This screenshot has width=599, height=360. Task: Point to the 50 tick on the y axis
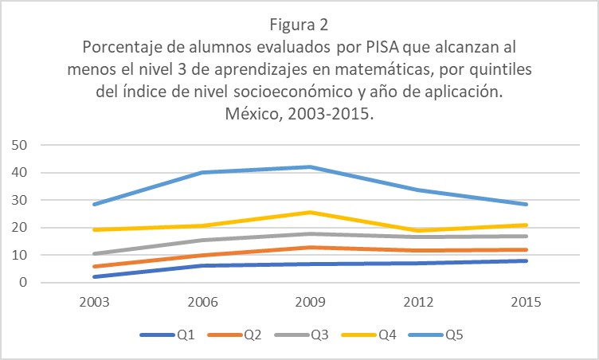[x=21, y=145]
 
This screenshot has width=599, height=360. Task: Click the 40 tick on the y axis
[x=21, y=173]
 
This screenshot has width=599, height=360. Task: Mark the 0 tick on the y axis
[x=24, y=283]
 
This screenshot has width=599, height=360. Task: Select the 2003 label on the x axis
[x=95, y=303]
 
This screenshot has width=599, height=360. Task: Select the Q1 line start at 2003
[x=95, y=276]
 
